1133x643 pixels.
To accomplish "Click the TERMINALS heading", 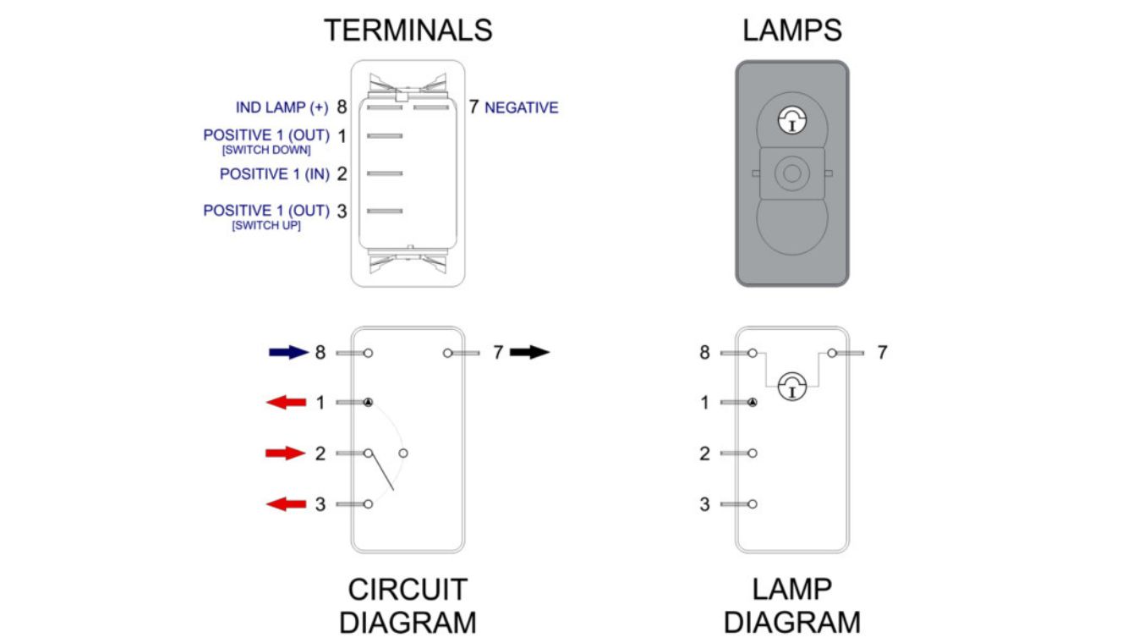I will tap(408, 30).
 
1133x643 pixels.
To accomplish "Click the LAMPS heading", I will tap(792, 30).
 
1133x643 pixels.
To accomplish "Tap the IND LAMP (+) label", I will tap(282, 108).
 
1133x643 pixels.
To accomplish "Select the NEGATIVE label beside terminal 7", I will tap(522, 108).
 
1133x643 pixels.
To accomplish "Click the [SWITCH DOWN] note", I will tap(266, 151).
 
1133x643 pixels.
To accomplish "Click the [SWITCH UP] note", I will tap(266, 226).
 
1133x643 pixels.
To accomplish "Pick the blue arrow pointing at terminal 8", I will tap(287, 353).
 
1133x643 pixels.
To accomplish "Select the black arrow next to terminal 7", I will tap(530, 353).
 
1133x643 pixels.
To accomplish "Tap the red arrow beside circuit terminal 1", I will tap(286, 403).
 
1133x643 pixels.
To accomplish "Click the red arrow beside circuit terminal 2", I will tap(286, 453).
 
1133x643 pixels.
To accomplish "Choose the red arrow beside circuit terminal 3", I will tap(286, 505).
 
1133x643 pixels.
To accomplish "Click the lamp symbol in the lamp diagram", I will tap(792, 386).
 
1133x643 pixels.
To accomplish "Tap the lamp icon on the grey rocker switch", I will tap(792, 120).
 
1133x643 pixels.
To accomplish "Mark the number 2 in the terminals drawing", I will tap(342, 174).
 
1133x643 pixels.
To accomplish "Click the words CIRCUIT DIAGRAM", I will tap(408, 606).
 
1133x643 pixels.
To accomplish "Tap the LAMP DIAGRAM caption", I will tap(792, 606).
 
